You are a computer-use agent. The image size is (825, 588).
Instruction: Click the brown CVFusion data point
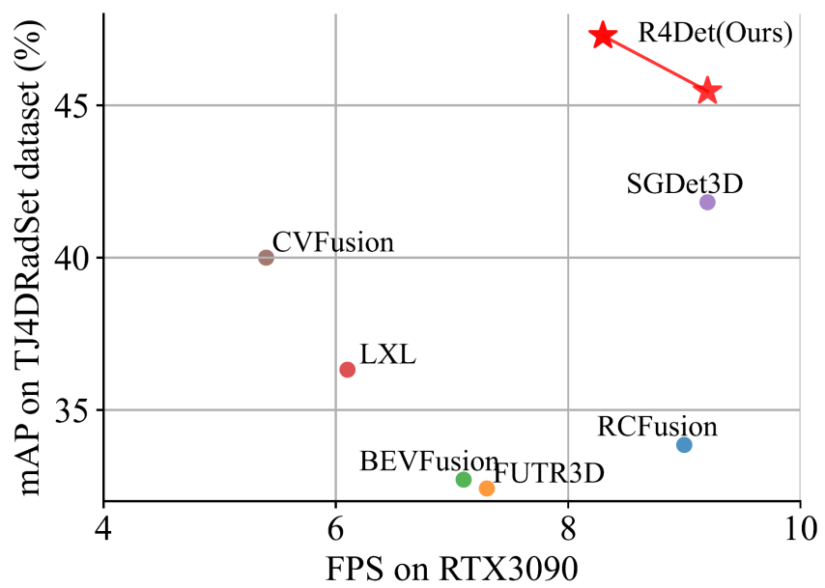(267, 257)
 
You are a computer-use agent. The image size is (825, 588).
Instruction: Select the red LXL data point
(348, 370)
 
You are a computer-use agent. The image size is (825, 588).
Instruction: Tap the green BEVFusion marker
(464, 480)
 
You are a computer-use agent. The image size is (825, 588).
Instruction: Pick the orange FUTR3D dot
(487, 489)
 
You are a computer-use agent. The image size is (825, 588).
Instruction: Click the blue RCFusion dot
(684, 445)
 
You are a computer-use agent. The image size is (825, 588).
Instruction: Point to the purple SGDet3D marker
(707, 202)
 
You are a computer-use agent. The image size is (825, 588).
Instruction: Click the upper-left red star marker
(603, 36)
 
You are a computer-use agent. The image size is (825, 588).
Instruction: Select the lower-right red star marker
(708, 91)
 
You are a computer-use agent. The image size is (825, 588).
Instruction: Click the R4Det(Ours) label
(715, 34)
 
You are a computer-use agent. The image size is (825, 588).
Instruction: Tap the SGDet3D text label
(684, 182)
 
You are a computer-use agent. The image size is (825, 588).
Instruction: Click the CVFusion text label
(333, 241)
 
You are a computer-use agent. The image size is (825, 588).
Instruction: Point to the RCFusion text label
(657, 426)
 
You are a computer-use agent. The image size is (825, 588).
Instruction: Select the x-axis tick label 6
(335, 529)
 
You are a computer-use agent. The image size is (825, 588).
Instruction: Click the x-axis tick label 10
(800, 529)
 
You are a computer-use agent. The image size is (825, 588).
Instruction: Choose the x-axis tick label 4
(103, 529)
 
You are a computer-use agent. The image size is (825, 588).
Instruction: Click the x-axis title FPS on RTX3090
(452, 568)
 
